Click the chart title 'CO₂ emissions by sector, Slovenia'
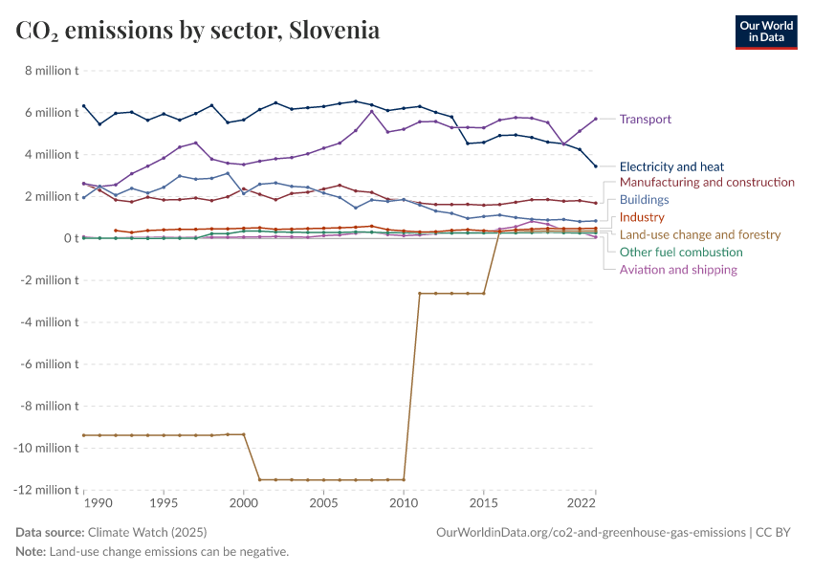click(198, 31)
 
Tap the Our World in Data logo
click(765, 32)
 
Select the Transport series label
click(645, 120)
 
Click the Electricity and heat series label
click(671, 166)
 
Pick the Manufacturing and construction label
click(707, 182)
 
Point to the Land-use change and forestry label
click(700, 234)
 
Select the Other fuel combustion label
click(681, 252)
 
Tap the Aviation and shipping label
click(678, 270)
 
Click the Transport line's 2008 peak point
click(371, 111)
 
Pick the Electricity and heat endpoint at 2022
click(595, 166)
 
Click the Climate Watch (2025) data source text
click(147, 532)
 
